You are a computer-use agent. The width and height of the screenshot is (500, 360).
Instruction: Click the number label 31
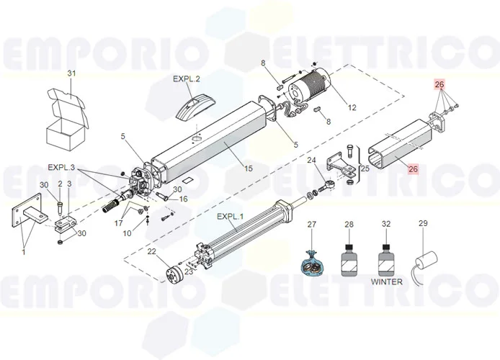pyautogui.click(x=71, y=74)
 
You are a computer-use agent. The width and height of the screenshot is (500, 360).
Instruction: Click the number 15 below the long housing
pyautogui.click(x=248, y=169)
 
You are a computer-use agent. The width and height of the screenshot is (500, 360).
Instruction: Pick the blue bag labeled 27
pyautogui.click(x=312, y=261)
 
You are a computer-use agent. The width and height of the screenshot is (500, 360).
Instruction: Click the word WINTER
pyautogui.click(x=386, y=282)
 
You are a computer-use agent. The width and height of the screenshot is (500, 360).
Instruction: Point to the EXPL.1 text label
pyautogui.click(x=231, y=217)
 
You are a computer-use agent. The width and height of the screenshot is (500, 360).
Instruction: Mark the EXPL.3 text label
pyautogui.click(x=61, y=168)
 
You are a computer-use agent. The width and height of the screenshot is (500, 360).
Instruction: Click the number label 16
pyautogui.click(x=183, y=199)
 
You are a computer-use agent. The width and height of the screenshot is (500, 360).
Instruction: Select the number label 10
pyautogui.click(x=127, y=233)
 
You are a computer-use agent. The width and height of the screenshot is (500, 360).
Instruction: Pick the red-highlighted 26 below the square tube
pyautogui.click(x=412, y=170)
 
